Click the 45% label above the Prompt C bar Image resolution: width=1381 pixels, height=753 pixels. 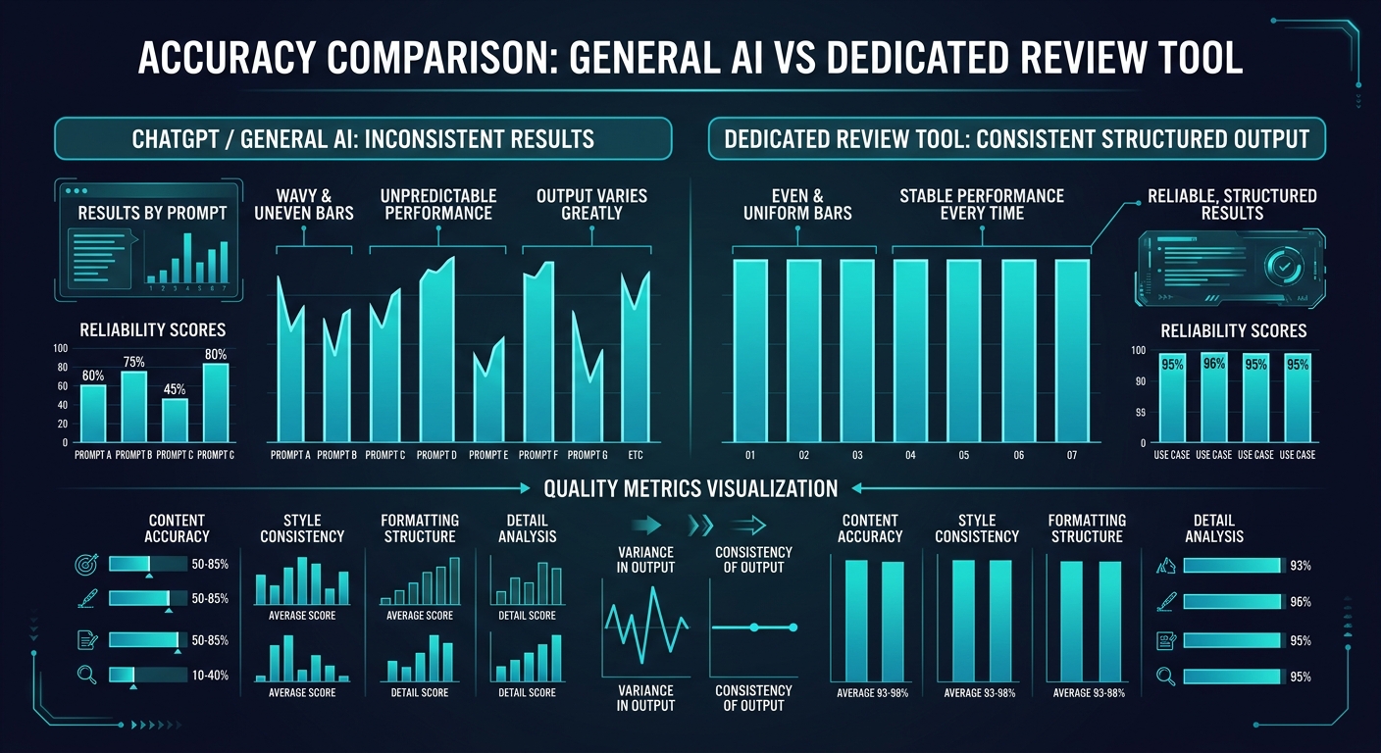(x=175, y=388)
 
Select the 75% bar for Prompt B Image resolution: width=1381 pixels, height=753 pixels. (x=134, y=406)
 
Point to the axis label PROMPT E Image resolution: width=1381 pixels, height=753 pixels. (x=487, y=455)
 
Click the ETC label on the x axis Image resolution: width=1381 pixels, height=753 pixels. (x=635, y=455)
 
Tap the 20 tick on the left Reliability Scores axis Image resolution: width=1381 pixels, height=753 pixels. (x=63, y=424)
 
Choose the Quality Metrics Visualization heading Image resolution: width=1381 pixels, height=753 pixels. (x=690, y=488)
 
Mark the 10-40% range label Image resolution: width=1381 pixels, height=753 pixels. (x=210, y=676)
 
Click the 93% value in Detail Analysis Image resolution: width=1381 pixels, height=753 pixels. (x=1301, y=566)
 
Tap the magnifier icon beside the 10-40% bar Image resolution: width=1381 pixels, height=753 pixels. (x=85, y=675)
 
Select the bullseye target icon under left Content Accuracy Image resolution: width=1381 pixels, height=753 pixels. (x=85, y=564)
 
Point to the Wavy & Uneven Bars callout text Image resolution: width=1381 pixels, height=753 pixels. (x=303, y=204)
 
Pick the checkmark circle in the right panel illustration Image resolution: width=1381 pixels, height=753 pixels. (x=1281, y=265)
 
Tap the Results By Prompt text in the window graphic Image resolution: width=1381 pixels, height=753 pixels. (x=152, y=213)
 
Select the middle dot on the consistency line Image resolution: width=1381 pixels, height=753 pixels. (x=753, y=627)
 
